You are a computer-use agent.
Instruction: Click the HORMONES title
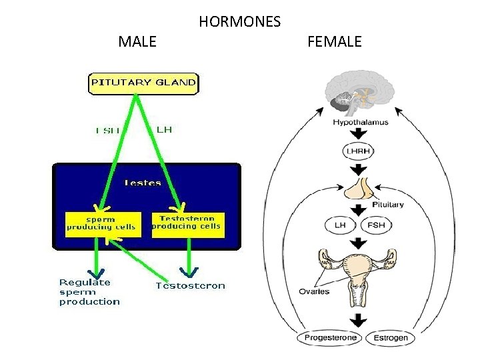pyautogui.click(x=239, y=22)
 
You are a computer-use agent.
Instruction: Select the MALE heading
pyautogui.click(x=137, y=42)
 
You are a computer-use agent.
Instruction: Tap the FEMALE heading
pyautogui.click(x=335, y=42)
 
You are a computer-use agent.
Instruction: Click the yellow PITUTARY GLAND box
pyautogui.click(x=143, y=83)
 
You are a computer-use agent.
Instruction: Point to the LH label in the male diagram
pyautogui.click(x=164, y=129)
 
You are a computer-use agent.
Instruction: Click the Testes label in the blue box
pyautogui.click(x=143, y=182)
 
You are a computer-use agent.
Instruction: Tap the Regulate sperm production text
pyautogui.click(x=89, y=292)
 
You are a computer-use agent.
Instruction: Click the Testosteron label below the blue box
pyautogui.click(x=190, y=286)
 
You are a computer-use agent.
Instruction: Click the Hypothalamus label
pyautogui.click(x=360, y=123)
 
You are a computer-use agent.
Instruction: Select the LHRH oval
pyautogui.click(x=359, y=151)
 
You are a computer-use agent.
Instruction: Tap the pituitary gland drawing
pyautogui.click(x=360, y=189)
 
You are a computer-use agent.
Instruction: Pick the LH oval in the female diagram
pyautogui.click(x=339, y=225)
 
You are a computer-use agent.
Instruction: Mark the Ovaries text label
pyautogui.click(x=314, y=291)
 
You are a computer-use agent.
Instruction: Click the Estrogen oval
pyautogui.click(x=390, y=338)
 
